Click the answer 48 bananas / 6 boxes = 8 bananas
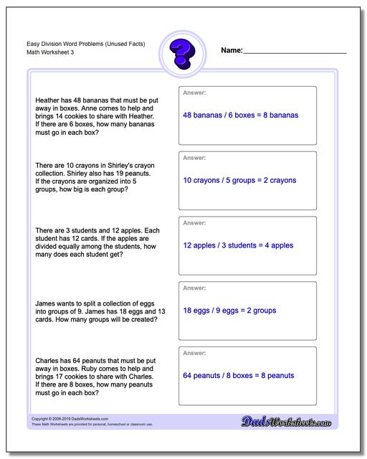click(240, 115)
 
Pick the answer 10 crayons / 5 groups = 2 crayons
click(239, 180)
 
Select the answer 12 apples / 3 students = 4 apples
click(238, 245)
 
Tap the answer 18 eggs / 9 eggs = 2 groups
click(229, 311)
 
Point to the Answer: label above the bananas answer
click(195, 93)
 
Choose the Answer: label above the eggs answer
click(195, 288)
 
